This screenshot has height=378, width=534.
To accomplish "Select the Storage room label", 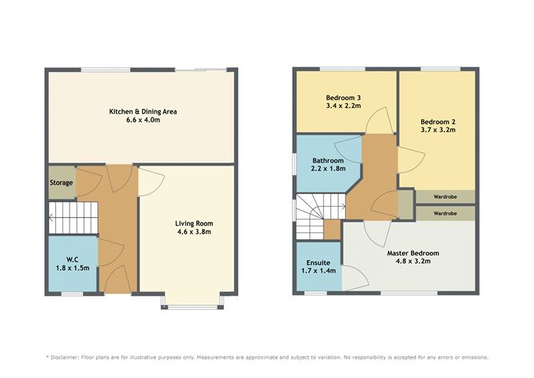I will tap(62, 183).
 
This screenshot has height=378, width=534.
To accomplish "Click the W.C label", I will tap(72, 259).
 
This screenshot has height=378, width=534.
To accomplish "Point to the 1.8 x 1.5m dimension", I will tap(72, 268).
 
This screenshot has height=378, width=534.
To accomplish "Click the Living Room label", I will tap(194, 223).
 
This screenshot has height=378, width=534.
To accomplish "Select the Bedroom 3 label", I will tap(345, 95).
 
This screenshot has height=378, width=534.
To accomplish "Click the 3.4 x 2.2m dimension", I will tap(345, 105).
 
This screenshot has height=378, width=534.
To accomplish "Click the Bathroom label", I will tap(328, 160).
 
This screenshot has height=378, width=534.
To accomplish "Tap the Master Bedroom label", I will tap(412, 253).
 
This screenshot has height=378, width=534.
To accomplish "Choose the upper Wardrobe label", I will tap(445, 196).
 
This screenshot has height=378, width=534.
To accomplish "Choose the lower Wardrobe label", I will tap(445, 214).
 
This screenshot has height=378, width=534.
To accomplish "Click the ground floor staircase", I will tap(72, 215).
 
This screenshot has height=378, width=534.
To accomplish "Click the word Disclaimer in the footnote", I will tap(71, 357).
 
